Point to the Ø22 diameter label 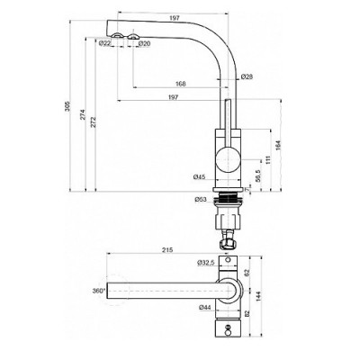pyautogui.click(x=105, y=43)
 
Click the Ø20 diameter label pyautogui.click(x=144, y=43)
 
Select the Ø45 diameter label pyautogui.click(x=200, y=177)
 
